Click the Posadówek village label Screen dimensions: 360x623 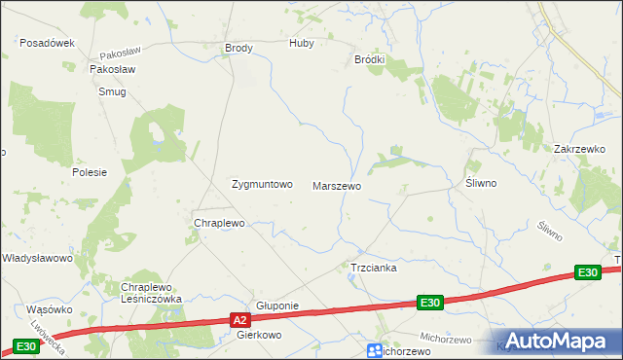[48, 43]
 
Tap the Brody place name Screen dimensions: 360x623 [238, 48]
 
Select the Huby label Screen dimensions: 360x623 [302, 44]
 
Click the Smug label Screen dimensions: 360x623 [112, 92]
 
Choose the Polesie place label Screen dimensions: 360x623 [89, 171]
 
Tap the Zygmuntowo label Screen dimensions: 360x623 [261, 183]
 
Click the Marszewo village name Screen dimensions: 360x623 [337, 185]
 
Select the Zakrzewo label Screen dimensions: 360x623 [579, 149]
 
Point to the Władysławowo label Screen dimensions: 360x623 [38, 258]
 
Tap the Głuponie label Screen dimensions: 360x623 [276, 306]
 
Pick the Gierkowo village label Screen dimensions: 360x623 [259, 335]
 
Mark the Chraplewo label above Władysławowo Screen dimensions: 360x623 [219, 223]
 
